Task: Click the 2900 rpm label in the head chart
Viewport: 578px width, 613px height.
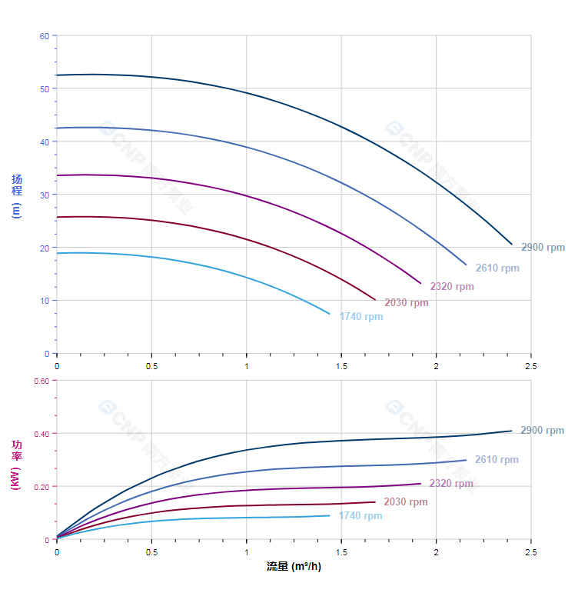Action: (x=543, y=248)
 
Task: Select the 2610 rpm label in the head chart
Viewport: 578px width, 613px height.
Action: (x=497, y=268)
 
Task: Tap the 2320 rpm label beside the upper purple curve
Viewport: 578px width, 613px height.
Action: (x=452, y=287)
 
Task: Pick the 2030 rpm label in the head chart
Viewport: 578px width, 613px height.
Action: (x=407, y=303)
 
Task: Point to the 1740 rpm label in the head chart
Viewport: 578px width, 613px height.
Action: (x=361, y=317)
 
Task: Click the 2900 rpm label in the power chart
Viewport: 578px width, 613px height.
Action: (x=542, y=431)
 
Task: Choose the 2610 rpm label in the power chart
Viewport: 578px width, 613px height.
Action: (x=497, y=460)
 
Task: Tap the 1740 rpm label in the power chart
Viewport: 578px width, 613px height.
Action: (x=360, y=516)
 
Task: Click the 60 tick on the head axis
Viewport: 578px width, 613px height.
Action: (x=45, y=36)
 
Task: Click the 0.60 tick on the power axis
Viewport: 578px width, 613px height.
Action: (x=42, y=381)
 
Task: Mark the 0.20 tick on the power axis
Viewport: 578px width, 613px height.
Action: (x=42, y=487)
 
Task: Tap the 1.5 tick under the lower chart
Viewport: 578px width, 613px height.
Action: (x=341, y=552)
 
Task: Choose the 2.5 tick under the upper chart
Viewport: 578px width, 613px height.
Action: (x=531, y=366)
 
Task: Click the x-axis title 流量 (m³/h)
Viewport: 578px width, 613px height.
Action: (x=294, y=567)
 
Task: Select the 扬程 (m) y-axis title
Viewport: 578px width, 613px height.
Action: (x=16, y=196)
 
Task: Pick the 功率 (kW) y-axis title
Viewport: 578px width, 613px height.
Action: (x=16, y=464)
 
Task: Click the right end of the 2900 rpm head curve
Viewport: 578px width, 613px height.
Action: (x=512, y=244)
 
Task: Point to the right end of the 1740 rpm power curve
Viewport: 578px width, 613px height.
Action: (x=330, y=515)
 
